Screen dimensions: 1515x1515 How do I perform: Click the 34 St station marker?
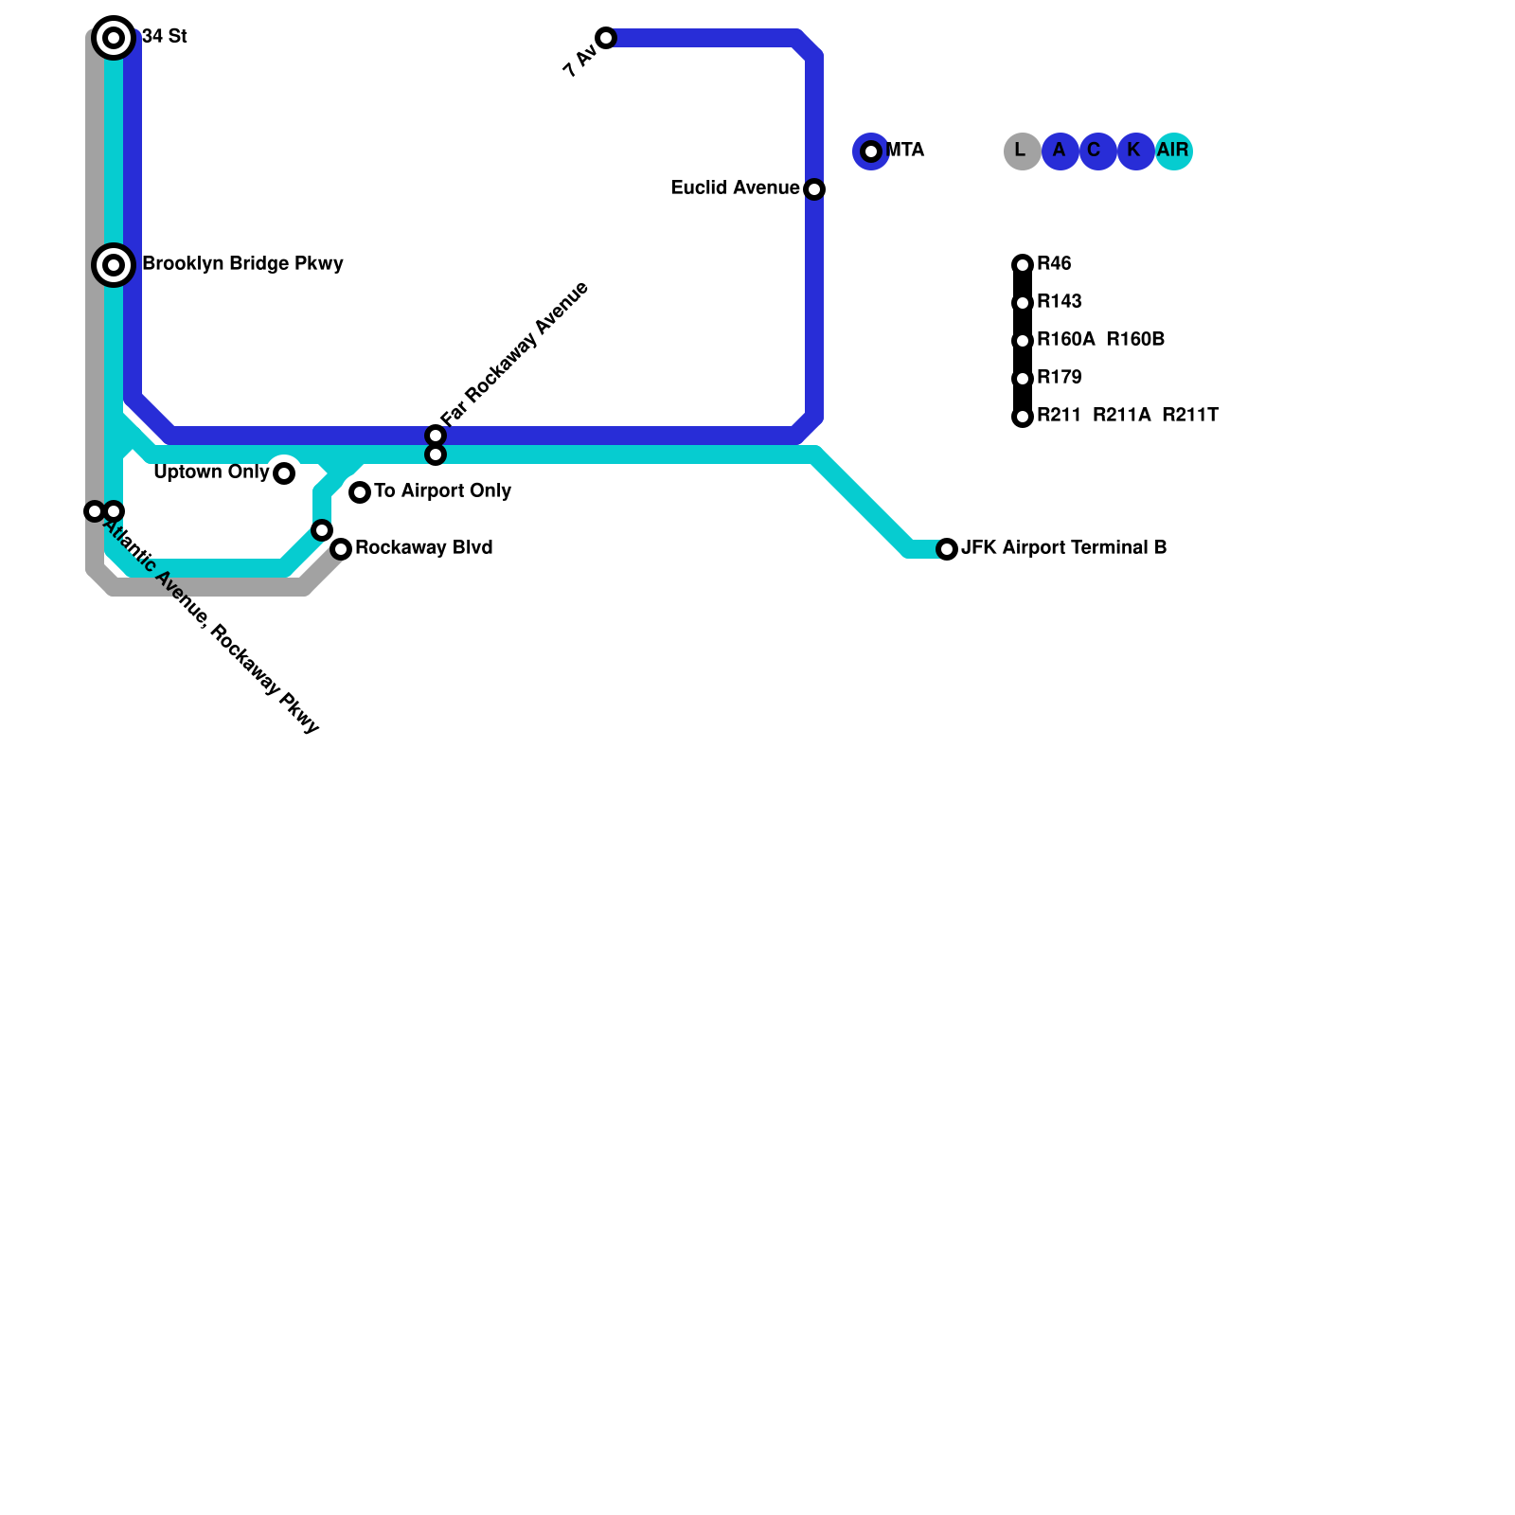114,38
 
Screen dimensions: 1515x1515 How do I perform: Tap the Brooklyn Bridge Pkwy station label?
242,264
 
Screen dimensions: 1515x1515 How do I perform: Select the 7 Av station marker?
606,38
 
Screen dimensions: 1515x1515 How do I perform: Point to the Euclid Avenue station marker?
814,189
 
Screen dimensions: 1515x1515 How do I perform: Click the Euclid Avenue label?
735,188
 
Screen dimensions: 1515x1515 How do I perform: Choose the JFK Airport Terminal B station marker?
947,549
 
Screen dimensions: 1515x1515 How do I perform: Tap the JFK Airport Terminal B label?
1063,548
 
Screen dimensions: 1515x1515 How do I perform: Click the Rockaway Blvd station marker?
341,549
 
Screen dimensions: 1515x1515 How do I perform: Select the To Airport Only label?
442,491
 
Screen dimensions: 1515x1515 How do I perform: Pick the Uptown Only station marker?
284,473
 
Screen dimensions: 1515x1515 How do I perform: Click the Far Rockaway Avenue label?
515,353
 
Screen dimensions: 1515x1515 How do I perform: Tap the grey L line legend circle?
1022,151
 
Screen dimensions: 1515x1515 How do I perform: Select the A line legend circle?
1060,151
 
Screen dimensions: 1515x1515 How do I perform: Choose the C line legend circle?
1097,151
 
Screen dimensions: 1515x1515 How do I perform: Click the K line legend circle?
1135,151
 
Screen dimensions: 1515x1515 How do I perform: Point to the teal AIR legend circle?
1173,151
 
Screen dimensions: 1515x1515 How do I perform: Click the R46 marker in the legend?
1023,265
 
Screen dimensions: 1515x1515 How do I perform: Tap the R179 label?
1059,378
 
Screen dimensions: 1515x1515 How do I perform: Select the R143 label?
1059,302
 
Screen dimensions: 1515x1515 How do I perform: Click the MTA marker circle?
871,151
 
